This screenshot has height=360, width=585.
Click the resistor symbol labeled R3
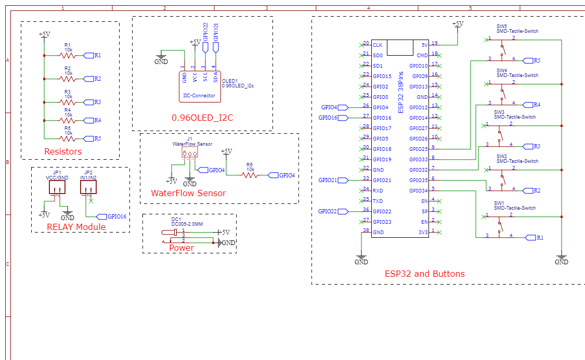68,102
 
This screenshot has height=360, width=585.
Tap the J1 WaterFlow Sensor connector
189,152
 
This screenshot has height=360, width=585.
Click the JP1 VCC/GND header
57,187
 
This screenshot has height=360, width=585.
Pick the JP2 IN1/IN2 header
88,187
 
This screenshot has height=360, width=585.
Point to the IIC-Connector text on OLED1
199,95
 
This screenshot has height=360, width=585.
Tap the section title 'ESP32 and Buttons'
424,274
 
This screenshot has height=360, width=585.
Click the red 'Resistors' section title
63,152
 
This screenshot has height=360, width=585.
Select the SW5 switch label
501,26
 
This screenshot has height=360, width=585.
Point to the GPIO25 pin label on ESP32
418,149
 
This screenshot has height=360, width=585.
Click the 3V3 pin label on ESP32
422,232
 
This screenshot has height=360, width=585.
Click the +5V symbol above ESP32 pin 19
457,24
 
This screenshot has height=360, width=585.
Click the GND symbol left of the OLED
161,59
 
